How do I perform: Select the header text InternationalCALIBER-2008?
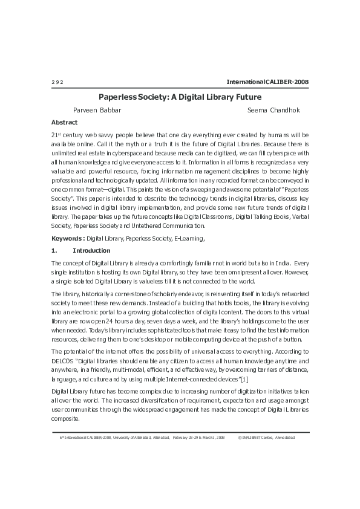[x=267, y=82]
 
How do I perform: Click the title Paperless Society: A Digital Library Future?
[x=180, y=97]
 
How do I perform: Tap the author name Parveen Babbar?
[x=97, y=110]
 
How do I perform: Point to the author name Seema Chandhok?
[x=273, y=110]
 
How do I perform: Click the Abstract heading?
[x=64, y=122]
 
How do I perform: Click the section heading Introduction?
[x=91, y=250]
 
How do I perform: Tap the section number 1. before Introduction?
[x=54, y=250]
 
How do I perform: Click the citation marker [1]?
[x=244, y=378]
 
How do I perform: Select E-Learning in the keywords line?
[x=189, y=239]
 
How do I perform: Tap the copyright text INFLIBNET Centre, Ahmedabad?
[x=270, y=436]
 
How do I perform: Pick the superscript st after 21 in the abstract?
[x=59, y=133]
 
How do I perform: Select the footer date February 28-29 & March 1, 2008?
[x=198, y=436]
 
